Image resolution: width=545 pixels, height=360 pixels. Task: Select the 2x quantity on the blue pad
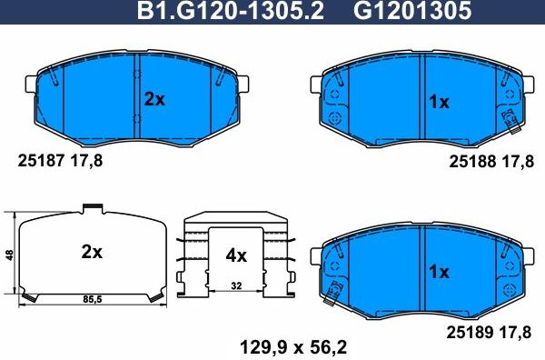click(154, 100)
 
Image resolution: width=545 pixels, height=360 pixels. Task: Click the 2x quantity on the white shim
click(91, 252)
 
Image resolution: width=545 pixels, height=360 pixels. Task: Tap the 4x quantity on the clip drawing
click(235, 255)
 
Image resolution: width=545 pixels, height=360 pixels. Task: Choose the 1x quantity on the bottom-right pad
click(439, 271)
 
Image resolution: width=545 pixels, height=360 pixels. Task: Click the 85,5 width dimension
click(91, 297)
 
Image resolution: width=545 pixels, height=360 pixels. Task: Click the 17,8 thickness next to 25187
click(88, 160)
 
